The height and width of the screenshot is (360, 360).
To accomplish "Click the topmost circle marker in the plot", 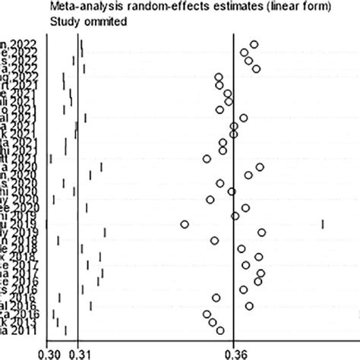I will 254,44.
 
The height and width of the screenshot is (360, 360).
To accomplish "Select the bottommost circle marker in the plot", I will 220,330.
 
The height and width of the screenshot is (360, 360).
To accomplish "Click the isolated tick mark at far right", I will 323,223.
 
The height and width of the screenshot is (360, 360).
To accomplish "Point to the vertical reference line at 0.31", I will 78,190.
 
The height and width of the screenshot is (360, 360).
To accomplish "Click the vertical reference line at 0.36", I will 234,190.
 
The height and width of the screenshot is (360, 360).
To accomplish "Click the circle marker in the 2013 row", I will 213,322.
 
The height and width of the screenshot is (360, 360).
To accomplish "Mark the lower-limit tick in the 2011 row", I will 66,330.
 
